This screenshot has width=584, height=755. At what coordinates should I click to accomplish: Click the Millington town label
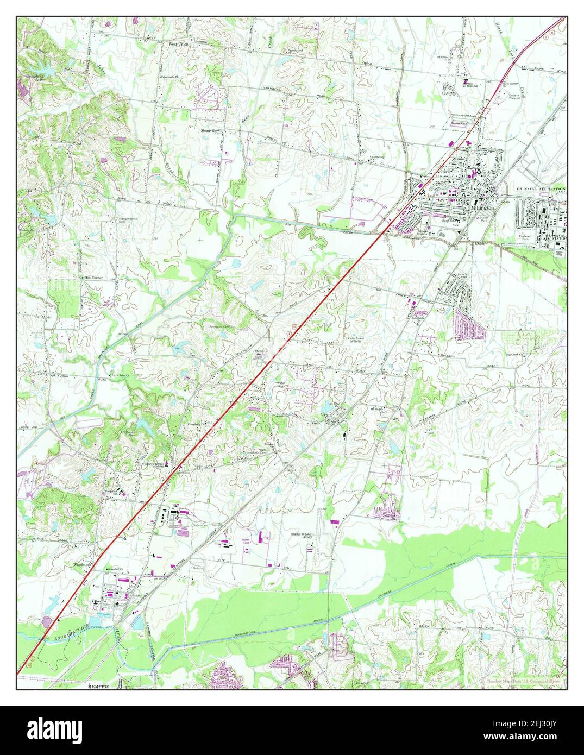483,208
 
